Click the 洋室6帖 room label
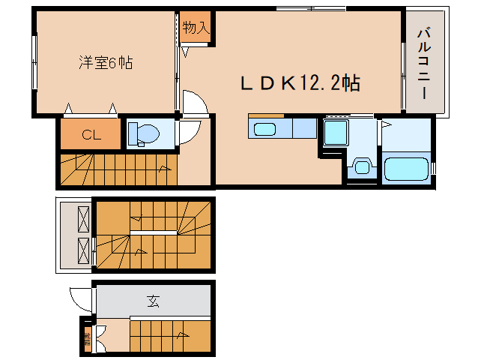click(x=105, y=63)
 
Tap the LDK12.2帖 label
click(x=300, y=83)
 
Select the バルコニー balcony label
click(x=424, y=64)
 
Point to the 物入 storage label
click(x=195, y=28)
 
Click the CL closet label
click(x=91, y=136)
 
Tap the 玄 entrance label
click(x=153, y=302)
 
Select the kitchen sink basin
click(x=266, y=129)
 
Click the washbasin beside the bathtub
click(x=363, y=166)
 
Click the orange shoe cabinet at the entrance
click(x=87, y=337)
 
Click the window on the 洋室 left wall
click(x=34, y=63)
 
